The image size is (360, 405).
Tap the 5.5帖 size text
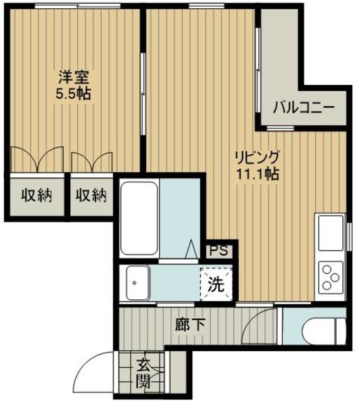(x=73, y=94)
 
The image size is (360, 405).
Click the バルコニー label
(x=304, y=108)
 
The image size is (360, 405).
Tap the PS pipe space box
(x=218, y=250)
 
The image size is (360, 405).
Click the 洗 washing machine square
(x=216, y=283)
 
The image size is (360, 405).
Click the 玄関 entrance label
(x=143, y=374)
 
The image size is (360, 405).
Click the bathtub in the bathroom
(x=139, y=218)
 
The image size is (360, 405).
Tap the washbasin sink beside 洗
(x=137, y=282)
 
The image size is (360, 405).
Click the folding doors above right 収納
(x=92, y=160)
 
